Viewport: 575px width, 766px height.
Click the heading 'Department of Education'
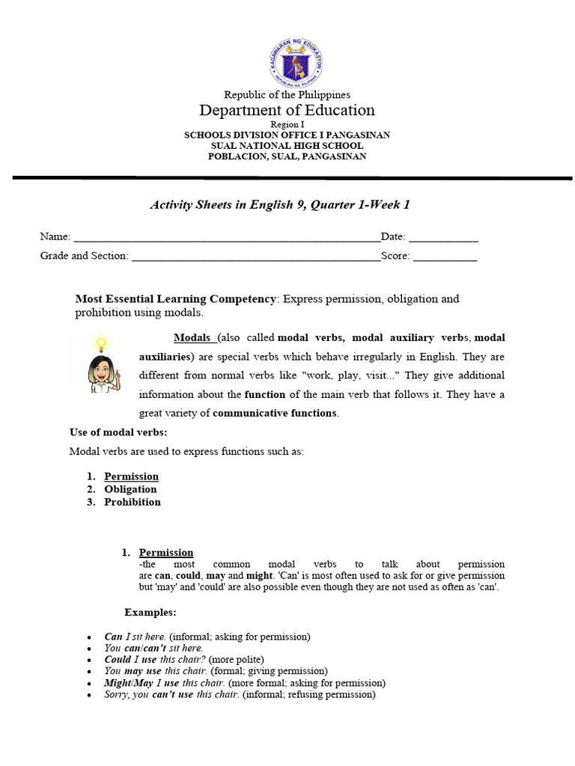(287, 111)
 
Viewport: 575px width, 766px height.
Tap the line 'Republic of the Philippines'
(287, 95)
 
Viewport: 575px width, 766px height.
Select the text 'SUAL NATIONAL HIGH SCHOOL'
(287, 146)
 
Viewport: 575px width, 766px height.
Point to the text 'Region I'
(287, 124)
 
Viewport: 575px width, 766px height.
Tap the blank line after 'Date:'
(443, 239)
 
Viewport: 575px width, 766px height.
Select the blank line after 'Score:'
(445, 257)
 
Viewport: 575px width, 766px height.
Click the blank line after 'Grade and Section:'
(255, 257)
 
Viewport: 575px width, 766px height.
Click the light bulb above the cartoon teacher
(100, 343)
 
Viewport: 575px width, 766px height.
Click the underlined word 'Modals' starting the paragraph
(192, 337)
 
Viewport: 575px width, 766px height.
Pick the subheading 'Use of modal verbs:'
(118, 432)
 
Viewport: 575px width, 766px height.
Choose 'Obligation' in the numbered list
(130, 489)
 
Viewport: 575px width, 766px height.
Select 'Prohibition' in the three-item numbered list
(132, 502)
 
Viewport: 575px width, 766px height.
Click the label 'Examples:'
(150, 612)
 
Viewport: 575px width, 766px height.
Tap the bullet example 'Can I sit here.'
(135, 637)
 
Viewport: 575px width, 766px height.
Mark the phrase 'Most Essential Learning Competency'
(176, 298)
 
